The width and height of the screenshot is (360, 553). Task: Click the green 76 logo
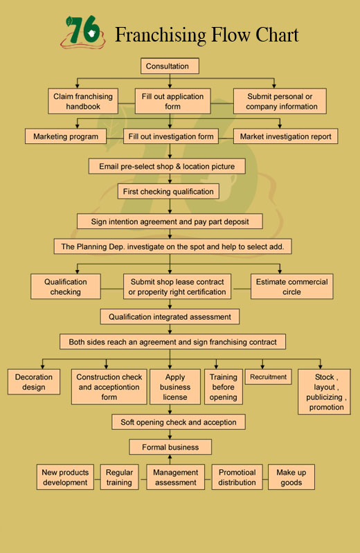click(x=83, y=32)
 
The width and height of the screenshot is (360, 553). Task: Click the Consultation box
click(x=170, y=66)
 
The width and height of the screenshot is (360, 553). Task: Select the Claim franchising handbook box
click(x=83, y=101)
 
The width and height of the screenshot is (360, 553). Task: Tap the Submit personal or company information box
click(x=280, y=101)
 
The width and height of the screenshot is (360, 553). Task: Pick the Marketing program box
click(x=66, y=136)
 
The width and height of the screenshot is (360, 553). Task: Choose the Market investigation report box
click(x=285, y=136)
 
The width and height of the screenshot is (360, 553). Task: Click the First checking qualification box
click(x=168, y=192)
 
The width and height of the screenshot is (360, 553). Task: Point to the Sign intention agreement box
click(x=170, y=221)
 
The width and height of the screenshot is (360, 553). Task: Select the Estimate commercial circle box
click(x=292, y=287)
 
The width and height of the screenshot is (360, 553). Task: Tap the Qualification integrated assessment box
click(x=170, y=317)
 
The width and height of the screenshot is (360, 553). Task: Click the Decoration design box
click(x=34, y=381)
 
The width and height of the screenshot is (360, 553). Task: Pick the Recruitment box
click(x=268, y=377)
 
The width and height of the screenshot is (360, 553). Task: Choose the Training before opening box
click(x=224, y=387)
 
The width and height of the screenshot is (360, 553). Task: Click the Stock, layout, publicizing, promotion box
click(x=325, y=392)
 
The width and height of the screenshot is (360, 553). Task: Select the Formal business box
click(x=170, y=447)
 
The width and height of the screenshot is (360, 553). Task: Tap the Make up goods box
click(x=291, y=477)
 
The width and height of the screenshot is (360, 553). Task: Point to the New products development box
click(x=65, y=477)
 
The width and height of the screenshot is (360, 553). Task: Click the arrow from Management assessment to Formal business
click(x=170, y=460)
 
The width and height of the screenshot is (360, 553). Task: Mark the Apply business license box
click(x=175, y=387)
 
